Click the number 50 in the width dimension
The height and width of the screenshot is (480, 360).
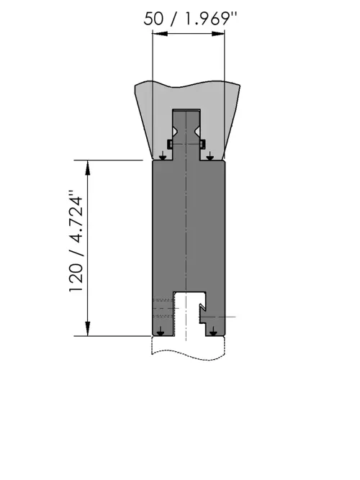(153, 19)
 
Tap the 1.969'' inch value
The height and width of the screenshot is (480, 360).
(212, 19)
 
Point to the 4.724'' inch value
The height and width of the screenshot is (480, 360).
(76, 217)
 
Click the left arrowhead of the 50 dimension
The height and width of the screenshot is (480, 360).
(160, 34)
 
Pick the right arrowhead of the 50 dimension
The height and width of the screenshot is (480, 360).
(217, 34)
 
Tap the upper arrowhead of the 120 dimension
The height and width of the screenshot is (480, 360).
(88, 168)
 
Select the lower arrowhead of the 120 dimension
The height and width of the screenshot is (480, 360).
(88, 328)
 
